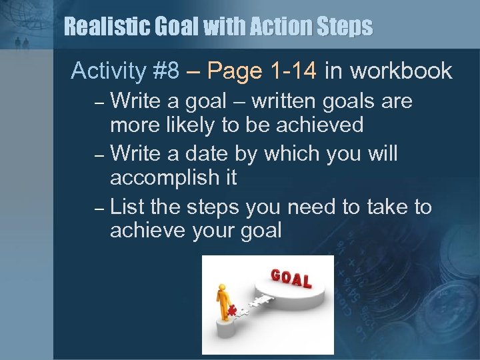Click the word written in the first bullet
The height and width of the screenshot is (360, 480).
274,101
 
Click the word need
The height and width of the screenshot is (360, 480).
312,207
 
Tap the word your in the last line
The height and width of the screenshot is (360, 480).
204,231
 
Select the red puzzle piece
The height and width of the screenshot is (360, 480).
233,309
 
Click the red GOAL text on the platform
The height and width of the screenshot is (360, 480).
291,278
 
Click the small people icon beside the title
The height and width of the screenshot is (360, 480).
23,43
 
